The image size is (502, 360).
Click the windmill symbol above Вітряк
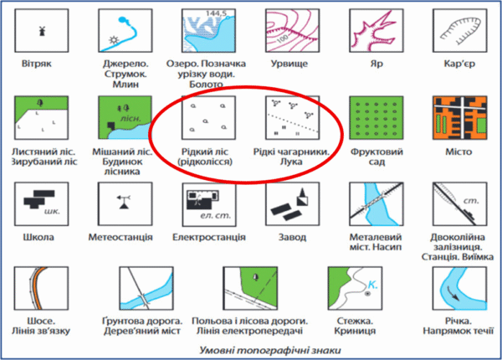42,31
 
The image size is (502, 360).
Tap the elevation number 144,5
216,13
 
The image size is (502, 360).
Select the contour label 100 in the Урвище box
282,39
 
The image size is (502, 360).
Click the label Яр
376,64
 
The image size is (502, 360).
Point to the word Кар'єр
459,64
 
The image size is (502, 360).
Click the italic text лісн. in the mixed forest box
131,119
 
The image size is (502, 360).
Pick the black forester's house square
111,126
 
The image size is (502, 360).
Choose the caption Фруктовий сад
376,157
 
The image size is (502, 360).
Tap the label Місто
458,152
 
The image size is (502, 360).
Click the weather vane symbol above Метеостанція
124,202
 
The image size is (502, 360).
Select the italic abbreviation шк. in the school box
52,211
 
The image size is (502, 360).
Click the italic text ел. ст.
216,215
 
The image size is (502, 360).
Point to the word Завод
292,237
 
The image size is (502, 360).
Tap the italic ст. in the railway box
471,201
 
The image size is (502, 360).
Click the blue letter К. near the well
372,285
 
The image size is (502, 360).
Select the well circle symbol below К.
367,293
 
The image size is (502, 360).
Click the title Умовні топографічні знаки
270,350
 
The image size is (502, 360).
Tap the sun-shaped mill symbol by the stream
114,40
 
